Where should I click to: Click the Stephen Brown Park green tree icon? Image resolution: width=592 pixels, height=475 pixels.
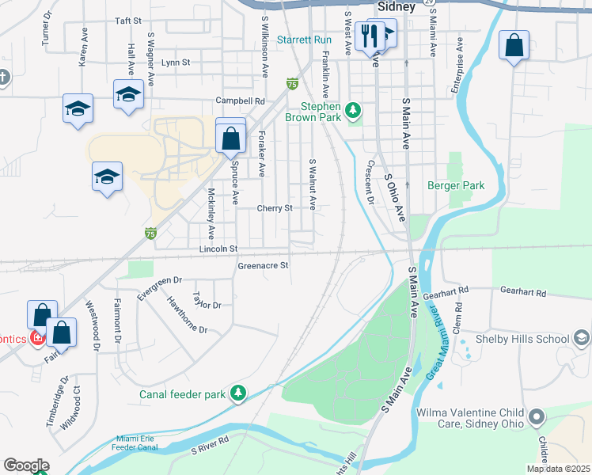pyautogui.click(x=354, y=109)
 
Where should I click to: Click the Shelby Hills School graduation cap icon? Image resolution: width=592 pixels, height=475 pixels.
pyautogui.click(x=581, y=339)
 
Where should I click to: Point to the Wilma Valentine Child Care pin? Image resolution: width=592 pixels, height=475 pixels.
pyautogui.click(x=537, y=416)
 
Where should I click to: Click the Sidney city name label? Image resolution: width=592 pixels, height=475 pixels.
pyautogui.click(x=397, y=6)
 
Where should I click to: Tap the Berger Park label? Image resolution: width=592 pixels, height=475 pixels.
pyautogui.click(x=455, y=186)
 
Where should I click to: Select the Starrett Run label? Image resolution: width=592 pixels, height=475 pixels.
pyautogui.click(x=304, y=40)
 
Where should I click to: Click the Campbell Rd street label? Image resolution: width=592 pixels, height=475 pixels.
pyautogui.click(x=241, y=101)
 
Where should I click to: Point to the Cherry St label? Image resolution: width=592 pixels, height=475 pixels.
pyautogui.click(x=275, y=208)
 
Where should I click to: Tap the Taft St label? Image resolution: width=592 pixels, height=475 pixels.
pyautogui.click(x=127, y=21)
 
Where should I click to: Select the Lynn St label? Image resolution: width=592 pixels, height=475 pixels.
pyautogui.click(x=176, y=62)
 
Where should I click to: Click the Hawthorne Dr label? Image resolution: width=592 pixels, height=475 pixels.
pyautogui.click(x=187, y=319)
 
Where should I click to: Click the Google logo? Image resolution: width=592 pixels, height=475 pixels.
pyautogui.click(x=25, y=465)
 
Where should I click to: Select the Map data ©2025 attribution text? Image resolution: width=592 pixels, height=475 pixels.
pyautogui.click(x=557, y=469)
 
